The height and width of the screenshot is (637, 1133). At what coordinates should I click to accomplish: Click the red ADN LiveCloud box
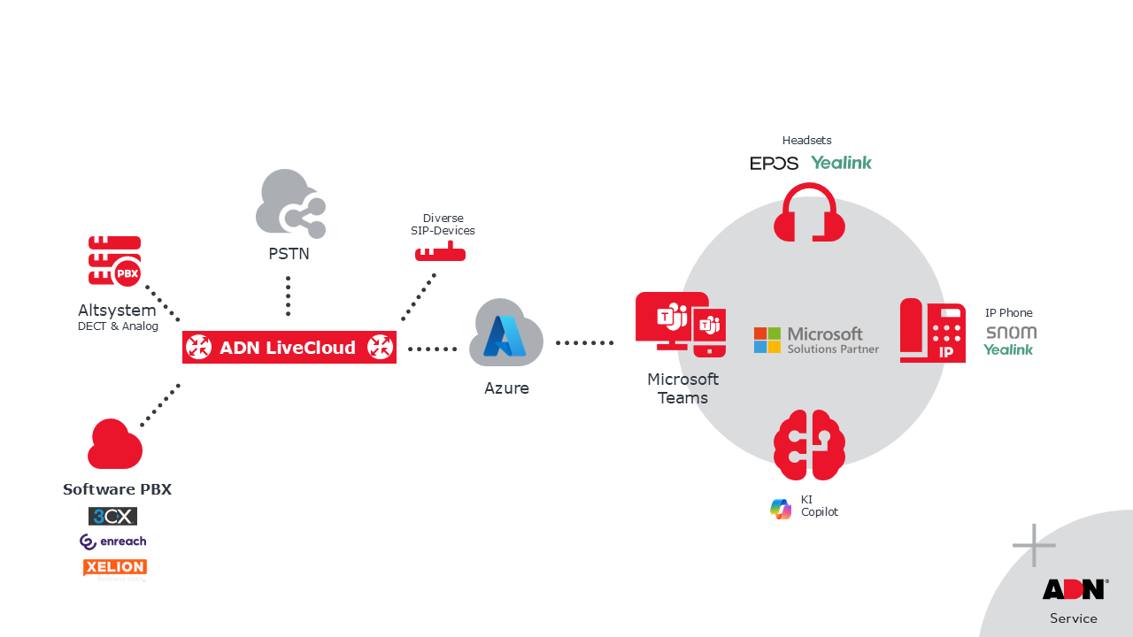coord(289,348)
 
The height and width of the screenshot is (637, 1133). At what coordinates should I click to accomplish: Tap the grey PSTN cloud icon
coord(289,204)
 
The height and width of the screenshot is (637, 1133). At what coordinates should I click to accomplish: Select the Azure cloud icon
coord(505,334)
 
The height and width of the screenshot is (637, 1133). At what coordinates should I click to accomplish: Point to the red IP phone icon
coord(932,331)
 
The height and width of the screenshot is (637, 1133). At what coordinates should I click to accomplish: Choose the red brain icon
coord(809,444)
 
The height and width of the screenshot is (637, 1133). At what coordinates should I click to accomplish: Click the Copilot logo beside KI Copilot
coord(781,509)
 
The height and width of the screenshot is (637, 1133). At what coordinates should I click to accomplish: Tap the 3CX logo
coord(112,516)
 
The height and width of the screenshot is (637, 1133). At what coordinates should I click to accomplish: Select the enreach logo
coord(112,541)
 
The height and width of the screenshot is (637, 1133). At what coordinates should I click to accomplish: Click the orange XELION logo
coord(114,567)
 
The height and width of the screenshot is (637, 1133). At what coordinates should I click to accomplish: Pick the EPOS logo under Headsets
coord(774,164)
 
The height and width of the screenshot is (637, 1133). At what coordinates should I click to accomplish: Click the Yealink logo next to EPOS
coord(841,163)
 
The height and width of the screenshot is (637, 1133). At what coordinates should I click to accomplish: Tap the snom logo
coord(1011,333)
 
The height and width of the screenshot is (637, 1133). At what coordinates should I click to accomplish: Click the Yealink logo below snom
coord(1008,350)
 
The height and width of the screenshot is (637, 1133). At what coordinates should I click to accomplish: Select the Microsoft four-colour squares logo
coord(767,341)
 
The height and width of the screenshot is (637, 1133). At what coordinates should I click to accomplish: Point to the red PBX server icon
coord(114,261)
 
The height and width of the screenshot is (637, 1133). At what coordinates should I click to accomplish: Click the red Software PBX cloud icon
coord(115,445)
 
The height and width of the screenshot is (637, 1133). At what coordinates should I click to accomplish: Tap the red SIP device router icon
coord(440,253)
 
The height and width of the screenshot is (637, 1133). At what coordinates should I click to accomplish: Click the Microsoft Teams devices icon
coord(681,325)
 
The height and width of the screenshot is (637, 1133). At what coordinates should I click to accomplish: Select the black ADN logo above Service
coord(1074,589)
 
